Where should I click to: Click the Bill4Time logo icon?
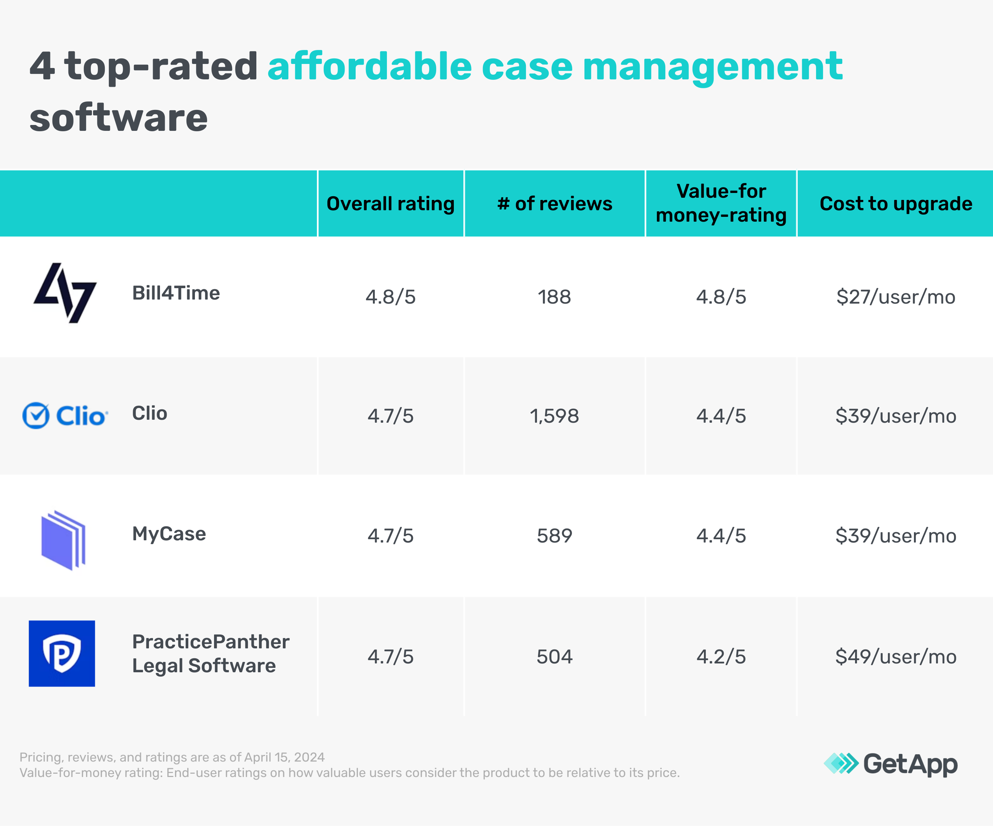[65, 293]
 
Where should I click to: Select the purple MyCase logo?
[63, 540]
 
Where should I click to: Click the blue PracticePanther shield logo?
[62, 654]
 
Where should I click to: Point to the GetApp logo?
[890, 764]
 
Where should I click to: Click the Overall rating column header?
[391, 204]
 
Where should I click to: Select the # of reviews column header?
[555, 204]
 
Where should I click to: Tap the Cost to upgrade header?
[896, 204]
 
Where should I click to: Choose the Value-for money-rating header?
[721, 203]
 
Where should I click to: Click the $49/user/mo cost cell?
[896, 657]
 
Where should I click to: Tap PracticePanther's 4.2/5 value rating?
[721, 657]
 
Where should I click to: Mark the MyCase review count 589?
[554, 536]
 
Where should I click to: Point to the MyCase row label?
[169, 534]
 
